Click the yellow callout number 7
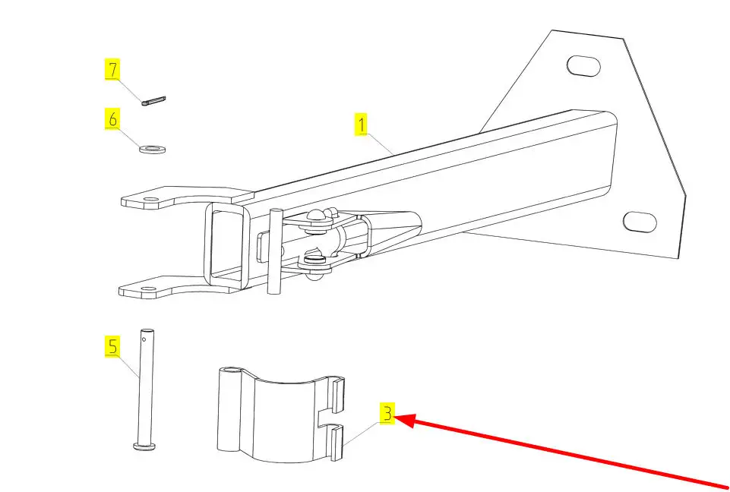click(112, 71)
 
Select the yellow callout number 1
click(362, 124)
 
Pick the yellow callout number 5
click(112, 348)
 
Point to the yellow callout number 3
click(387, 415)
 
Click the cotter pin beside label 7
click(155, 100)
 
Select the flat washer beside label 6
click(153, 147)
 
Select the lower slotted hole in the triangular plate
click(639, 222)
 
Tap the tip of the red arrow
click(398, 418)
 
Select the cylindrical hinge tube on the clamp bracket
click(229, 410)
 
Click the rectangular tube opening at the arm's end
click(229, 245)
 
